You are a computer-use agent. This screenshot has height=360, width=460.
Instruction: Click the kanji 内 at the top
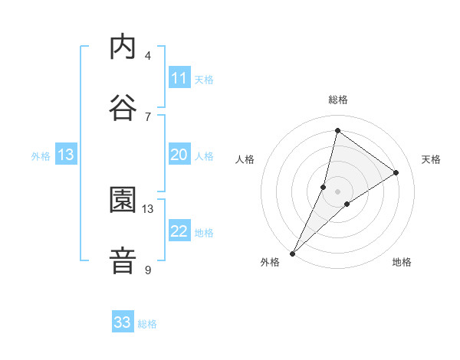point(123,47)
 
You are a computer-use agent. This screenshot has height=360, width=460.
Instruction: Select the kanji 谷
point(123,108)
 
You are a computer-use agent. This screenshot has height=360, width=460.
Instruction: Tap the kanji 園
point(123,201)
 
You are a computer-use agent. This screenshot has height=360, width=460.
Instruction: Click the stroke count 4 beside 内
point(147,55)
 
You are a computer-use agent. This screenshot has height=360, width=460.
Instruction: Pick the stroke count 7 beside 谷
point(147,116)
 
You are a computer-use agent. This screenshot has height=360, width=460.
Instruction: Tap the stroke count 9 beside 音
point(147,270)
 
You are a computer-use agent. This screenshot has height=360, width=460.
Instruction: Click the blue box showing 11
point(179,78)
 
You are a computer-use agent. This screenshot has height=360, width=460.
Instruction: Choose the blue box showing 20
point(179,155)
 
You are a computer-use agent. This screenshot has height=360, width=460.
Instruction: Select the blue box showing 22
point(179,231)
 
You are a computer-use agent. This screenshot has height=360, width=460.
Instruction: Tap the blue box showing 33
point(123,322)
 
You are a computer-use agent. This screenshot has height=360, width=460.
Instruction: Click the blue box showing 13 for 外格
point(66,155)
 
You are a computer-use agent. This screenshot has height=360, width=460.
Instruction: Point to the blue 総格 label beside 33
point(147,324)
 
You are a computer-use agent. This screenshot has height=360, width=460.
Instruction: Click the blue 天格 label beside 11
point(203,79)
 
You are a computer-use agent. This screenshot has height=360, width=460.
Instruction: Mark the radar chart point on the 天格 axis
point(396,172)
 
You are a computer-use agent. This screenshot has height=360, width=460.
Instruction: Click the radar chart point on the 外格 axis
point(292,253)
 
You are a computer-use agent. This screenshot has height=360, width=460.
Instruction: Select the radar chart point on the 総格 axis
point(337,129)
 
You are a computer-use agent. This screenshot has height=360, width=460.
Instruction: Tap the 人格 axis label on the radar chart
point(245,159)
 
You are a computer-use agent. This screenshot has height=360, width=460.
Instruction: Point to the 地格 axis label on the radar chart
point(402,262)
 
